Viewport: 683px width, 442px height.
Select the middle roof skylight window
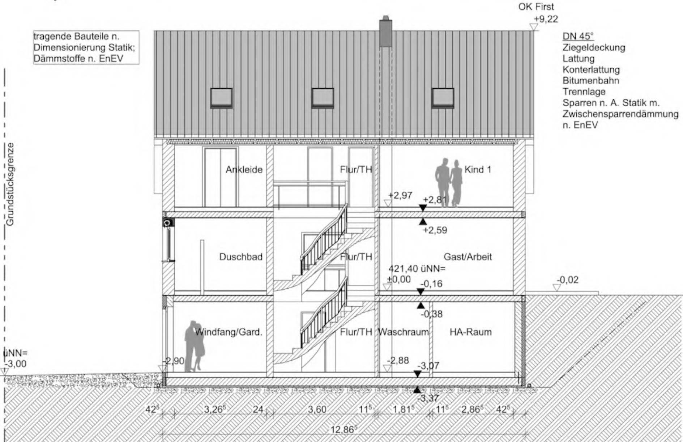323,98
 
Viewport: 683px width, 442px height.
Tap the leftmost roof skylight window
221,98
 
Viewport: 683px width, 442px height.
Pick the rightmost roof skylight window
443,98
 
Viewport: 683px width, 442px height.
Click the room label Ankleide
244,170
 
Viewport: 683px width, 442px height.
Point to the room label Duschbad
241,257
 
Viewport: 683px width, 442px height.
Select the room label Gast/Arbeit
468,257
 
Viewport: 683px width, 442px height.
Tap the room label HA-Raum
471,332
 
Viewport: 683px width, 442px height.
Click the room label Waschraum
403,332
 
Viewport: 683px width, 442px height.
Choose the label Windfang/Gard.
229,332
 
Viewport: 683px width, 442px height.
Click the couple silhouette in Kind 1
449,183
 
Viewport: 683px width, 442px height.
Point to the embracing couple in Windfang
195,346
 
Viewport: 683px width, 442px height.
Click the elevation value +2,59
435,230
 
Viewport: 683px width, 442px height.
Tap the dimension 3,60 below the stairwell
317,409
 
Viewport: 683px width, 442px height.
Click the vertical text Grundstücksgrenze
10,184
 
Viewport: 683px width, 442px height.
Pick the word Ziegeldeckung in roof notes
594,47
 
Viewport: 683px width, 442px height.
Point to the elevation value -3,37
428,398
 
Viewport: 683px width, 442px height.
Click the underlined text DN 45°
578,36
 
